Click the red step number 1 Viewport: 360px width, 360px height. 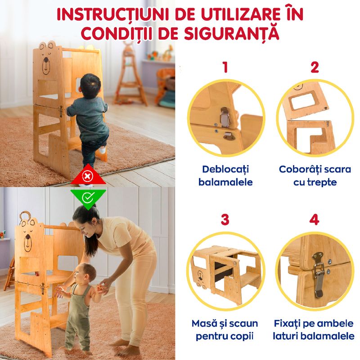pyautogui.click(x=225, y=67)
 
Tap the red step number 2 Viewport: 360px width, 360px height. pyautogui.click(x=315, y=67)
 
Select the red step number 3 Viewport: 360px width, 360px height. pyautogui.click(x=225, y=220)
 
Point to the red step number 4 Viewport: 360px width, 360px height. pyautogui.click(x=315, y=220)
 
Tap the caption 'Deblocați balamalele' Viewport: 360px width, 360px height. pyautogui.click(x=225, y=175)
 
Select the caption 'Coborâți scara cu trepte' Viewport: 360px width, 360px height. pyautogui.click(x=315, y=175)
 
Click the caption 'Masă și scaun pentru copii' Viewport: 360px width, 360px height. pyautogui.click(x=225, y=330)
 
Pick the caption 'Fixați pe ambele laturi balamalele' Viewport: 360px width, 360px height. pyautogui.click(x=315, y=330)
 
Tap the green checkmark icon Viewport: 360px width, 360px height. pyautogui.click(x=89, y=196)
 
